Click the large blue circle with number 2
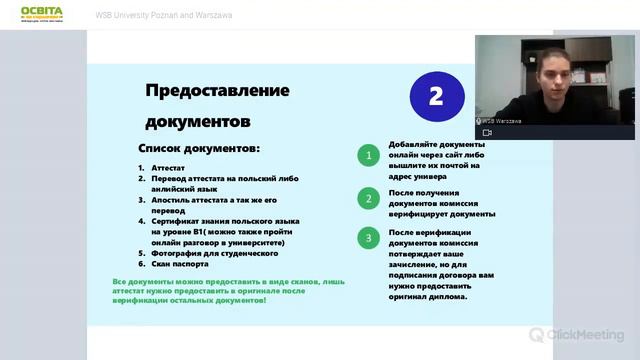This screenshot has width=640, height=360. click(x=435, y=96)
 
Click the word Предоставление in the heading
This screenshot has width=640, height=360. click(x=217, y=90)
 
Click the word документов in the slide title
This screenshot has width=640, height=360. click(x=197, y=122)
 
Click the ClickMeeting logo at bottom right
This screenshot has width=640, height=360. click(x=577, y=335)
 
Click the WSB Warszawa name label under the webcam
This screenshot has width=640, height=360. click(x=502, y=120)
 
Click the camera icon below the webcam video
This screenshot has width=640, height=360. click(x=487, y=132)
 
